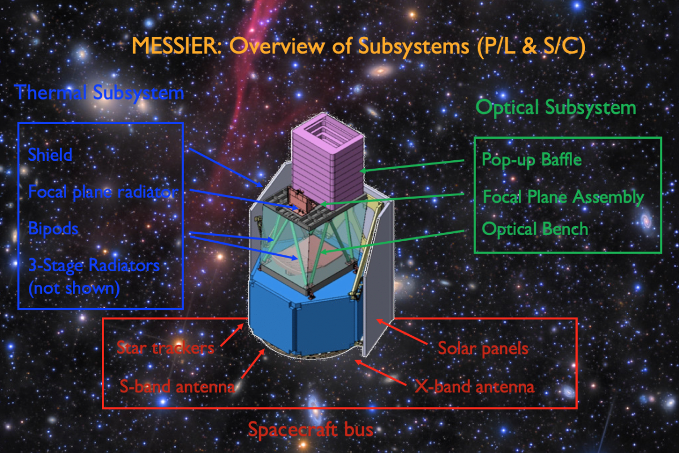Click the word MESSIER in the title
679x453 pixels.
[177, 46]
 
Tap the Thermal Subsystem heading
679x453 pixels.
[99, 92]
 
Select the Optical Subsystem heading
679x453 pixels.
[556, 108]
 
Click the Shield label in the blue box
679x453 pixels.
[50, 155]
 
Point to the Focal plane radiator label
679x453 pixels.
[104, 193]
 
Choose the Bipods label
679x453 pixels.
[53, 228]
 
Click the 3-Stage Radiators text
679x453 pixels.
[94, 266]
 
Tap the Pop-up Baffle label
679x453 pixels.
[532, 160]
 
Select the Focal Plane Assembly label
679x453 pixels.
[563, 197]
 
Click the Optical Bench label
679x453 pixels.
[535, 229]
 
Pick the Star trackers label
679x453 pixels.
[165, 348]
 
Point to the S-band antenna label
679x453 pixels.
[177, 387]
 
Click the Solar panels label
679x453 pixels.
[483, 348]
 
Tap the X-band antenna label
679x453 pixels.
[474, 387]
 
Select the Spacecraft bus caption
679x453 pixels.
[311, 430]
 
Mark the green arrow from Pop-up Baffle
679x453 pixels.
[412, 166]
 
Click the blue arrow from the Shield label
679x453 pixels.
[226, 168]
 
